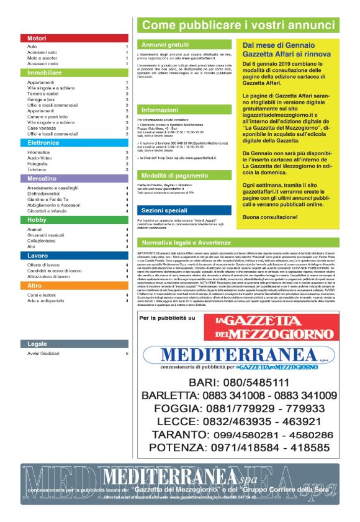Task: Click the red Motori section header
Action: tap(74, 38)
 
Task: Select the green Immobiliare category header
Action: tap(74, 73)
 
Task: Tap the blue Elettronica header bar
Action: tap(74, 143)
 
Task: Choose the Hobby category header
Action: tap(74, 220)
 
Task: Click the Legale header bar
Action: tap(74, 343)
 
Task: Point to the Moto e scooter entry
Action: tap(43, 58)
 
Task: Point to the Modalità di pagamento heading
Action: tap(174, 176)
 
